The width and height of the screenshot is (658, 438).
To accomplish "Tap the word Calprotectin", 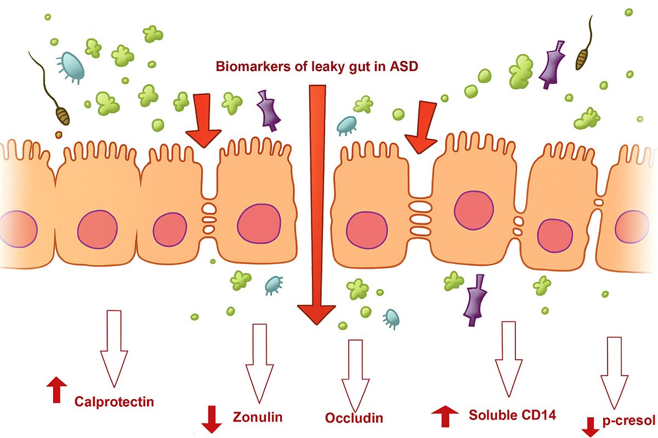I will pos(114,401).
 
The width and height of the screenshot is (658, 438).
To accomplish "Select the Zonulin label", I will pos(258,417).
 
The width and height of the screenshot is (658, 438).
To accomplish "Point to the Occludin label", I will pos(354,418).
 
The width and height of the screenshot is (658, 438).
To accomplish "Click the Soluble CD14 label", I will pos(512,414).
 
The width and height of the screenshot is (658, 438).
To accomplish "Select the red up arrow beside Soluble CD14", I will pos(445,416).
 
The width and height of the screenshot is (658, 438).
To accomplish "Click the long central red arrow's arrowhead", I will pos(316,314).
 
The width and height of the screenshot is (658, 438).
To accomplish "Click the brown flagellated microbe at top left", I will pos(63,114).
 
